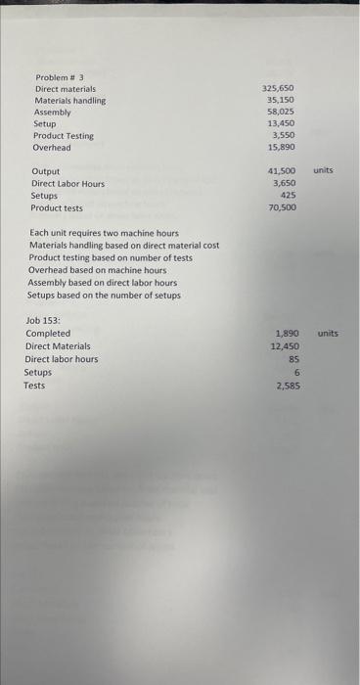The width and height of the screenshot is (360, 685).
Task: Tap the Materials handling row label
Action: pyautogui.click(x=70, y=101)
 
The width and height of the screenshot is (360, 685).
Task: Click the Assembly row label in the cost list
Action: pyautogui.click(x=53, y=113)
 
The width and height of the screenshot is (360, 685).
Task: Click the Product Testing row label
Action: pyautogui.click(x=67, y=136)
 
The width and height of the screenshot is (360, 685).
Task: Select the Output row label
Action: pyautogui.click(x=45, y=171)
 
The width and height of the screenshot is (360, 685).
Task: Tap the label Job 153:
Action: pyautogui.click(x=43, y=321)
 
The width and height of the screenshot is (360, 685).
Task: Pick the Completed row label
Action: pyautogui.click(x=48, y=334)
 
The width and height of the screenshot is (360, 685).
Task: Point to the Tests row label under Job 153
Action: pyautogui.click(x=34, y=386)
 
